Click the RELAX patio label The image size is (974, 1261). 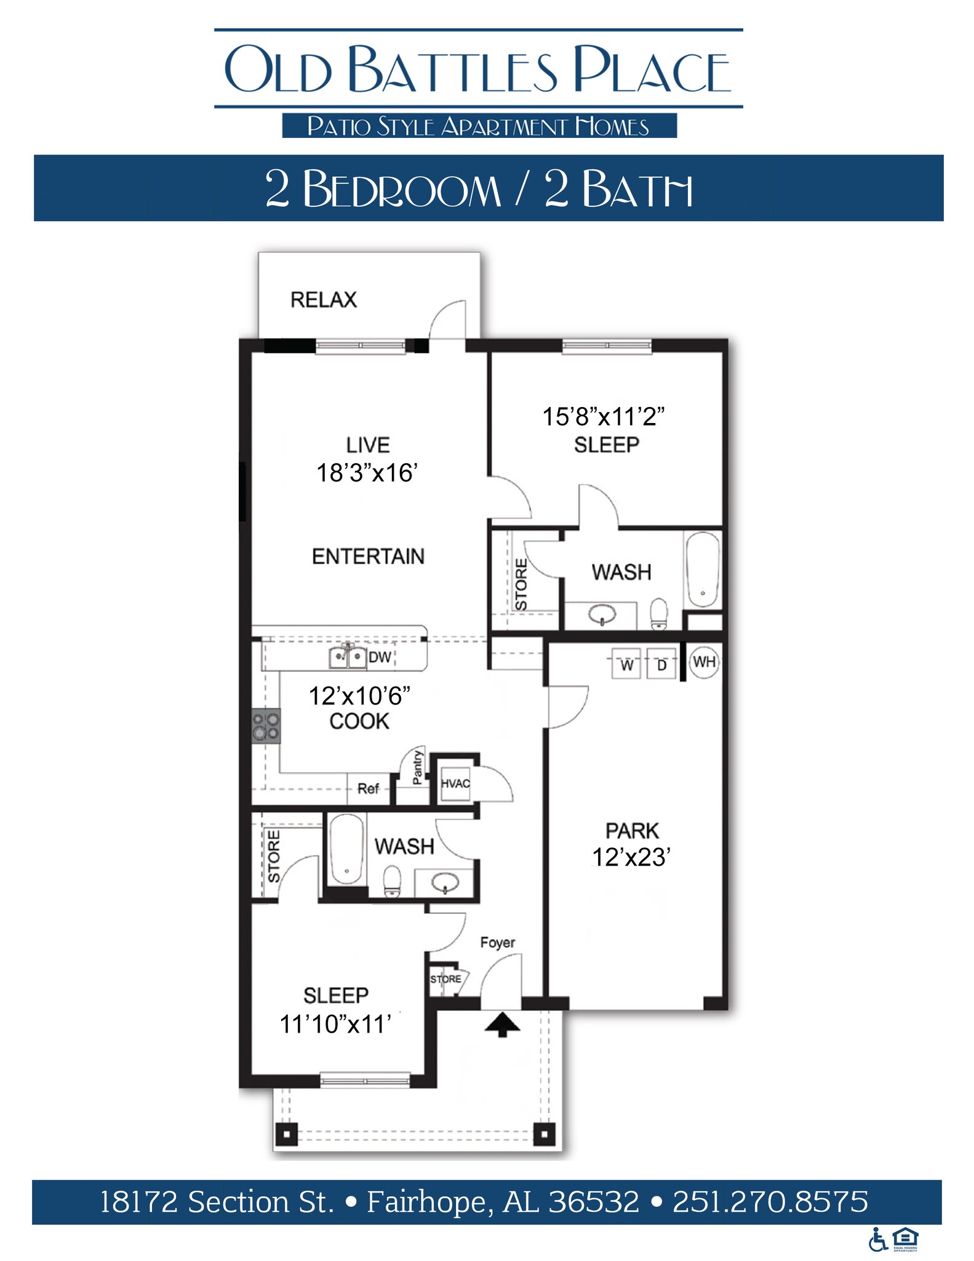click(x=324, y=300)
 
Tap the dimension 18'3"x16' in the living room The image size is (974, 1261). click(x=367, y=473)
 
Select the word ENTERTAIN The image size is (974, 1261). click(x=368, y=556)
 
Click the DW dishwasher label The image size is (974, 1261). click(x=380, y=657)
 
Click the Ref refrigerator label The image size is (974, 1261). click(x=368, y=788)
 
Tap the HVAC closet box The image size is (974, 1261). click(x=455, y=784)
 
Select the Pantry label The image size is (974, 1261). click(x=418, y=767)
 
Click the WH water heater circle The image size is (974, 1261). click(x=704, y=662)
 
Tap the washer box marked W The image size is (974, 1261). click(x=626, y=664)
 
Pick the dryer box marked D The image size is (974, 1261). click(x=661, y=664)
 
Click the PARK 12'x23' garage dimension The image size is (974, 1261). click(x=631, y=857)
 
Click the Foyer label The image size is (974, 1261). click(x=497, y=942)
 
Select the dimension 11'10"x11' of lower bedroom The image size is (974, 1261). click(x=335, y=1024)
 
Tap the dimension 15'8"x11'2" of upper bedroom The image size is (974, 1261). click(x=603, y=417)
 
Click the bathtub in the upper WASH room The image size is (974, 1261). click(x=702, y=570)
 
